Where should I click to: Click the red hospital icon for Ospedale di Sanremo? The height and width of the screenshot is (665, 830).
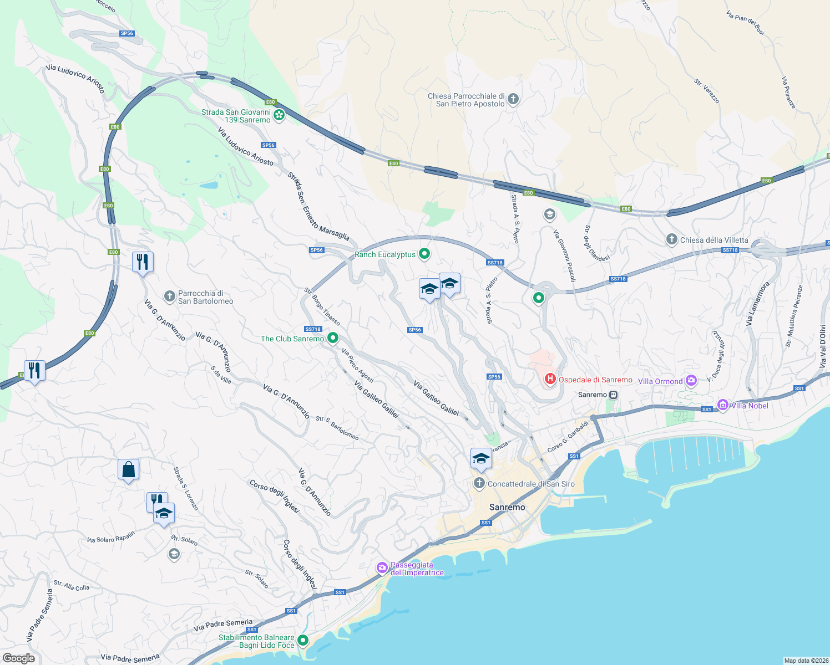pyautogui.click(x=550, y=379)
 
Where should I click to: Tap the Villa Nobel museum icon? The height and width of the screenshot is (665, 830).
pyautogui.click(x=723, y=405)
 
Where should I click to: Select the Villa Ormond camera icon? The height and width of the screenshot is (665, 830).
pyautogui.click(x=691, y=380)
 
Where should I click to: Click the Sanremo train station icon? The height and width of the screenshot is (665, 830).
pyautogui.click(x=613, y=395)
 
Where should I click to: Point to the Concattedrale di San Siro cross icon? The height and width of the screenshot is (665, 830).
pyautogui.click(x=479, y=483)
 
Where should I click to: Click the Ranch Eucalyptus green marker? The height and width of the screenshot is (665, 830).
pyautogui.click(x=424, y=254)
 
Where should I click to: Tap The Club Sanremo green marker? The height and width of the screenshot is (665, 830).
pyautogui.click(x=333, y=337)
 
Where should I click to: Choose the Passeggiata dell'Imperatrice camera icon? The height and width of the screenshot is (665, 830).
pyautogui.click(x=382, y=567)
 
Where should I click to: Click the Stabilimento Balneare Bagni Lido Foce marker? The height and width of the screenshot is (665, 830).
pyautogui.click(x=303, y=641)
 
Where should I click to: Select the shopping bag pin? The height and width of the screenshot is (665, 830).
pyautogui.click(x=128, y=470)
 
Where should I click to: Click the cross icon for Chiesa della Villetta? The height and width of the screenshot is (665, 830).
pyautogui.click(x=672, y=239)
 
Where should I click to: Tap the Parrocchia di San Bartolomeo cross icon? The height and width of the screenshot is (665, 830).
pyautogui.click(x=170, y=296)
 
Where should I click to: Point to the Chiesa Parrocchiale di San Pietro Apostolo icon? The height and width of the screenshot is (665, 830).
pyautogui.click(x=513, y=99)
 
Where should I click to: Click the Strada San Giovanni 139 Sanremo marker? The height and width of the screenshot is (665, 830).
pyautogui.click(x=279, y=115)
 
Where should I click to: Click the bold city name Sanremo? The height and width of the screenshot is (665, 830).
pyautogui.click(x=507, y=507)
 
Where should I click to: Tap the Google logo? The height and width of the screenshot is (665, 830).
pyautogui.click(x=18, y=658)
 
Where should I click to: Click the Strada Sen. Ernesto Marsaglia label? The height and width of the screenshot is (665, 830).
pyautogui.click(x=318, y=206)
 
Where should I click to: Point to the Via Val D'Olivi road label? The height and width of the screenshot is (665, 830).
pyautogui.click(x=823, y=346)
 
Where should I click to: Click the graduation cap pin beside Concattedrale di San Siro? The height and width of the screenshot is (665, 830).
pyautogui.click(x=481, y=458)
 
